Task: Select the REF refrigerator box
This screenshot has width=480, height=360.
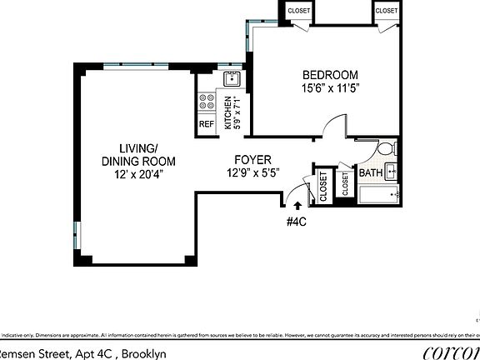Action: (206, 124)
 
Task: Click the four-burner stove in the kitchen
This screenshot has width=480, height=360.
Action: (205, 103)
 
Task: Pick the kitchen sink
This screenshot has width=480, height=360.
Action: (231, 80)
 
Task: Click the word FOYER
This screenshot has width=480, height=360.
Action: (251, 160)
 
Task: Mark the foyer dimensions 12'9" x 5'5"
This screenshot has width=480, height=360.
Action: (252, 173)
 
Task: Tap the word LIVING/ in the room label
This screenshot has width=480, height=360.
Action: (122, 148)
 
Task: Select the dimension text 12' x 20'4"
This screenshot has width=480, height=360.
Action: (127, 175)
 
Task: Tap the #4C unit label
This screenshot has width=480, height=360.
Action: (297, 221)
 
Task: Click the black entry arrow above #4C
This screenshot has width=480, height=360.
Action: (297, 205)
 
